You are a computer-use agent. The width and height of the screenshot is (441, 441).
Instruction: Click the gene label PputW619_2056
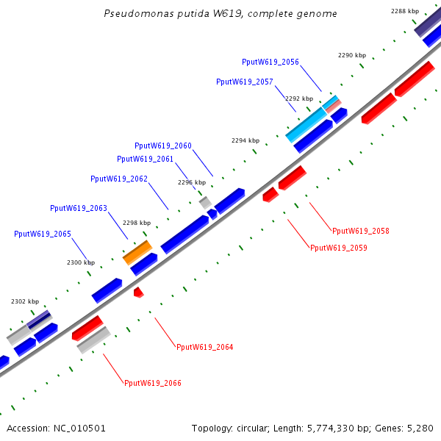click(x=270, y=62)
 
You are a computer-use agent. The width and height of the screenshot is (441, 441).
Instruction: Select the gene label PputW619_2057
click(x=245, y=82)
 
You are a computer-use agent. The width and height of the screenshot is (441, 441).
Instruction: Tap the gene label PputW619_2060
click(x=163, y=146)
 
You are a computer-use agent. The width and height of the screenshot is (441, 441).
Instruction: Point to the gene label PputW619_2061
click(x=146, y=159)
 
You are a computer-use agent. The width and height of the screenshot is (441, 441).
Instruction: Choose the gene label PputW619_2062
click(x=119, y=179)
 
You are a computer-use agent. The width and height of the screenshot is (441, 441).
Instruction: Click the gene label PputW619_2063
click(x=79, y=208)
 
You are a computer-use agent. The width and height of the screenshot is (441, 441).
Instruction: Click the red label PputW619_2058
click(x=361, y=231)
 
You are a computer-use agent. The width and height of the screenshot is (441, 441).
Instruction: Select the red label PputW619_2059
click(x=339, y=248)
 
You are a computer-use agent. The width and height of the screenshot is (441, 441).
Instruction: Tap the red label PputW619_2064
click(x=205, y=347)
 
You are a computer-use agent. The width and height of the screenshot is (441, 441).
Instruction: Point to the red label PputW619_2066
click(x=153, y=383)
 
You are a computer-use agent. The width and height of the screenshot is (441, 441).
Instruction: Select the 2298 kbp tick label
click(x=137, y=223)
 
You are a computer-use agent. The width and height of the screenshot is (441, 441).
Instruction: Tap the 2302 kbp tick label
click(x=25, y=301)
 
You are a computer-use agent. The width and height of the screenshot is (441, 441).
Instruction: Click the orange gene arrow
click(x=137, y=252)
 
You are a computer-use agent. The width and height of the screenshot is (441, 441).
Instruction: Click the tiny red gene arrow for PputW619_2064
click(x=138, y=293)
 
